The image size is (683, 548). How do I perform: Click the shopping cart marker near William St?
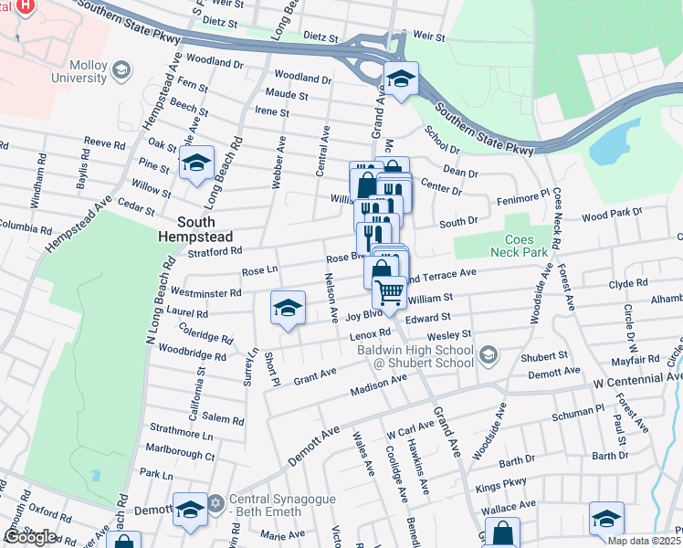click(390, 292)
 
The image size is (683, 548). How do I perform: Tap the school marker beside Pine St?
click(196, 163)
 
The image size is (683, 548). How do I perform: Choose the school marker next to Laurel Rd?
click(288, 307)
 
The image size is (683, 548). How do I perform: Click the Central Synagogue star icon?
click(216, 502)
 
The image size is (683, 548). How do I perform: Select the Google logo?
click(30, 536)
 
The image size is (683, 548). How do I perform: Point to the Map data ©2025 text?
click(645, 541)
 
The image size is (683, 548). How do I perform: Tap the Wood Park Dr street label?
click(612, 215)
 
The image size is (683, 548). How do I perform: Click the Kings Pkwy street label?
click(502, 480)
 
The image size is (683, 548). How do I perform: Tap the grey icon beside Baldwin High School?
click(489, 353)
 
